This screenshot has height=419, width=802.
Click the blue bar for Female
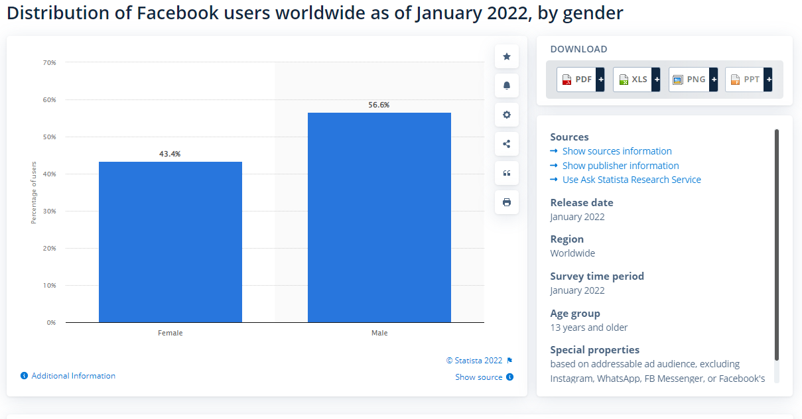170,242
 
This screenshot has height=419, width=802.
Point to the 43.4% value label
170,154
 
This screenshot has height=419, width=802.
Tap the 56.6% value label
379,105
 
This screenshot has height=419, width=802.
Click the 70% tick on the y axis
50,63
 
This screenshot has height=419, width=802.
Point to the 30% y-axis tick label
50,211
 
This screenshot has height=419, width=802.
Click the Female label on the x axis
170,333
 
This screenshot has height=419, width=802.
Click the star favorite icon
507,56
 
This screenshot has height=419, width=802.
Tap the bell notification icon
507,86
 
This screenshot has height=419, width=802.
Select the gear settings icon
507,115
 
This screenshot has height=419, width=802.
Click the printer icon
507,202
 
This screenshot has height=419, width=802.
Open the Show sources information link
616,151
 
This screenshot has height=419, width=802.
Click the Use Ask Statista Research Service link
631,180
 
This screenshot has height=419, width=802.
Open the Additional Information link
73,376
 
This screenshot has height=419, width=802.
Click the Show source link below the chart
479,377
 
